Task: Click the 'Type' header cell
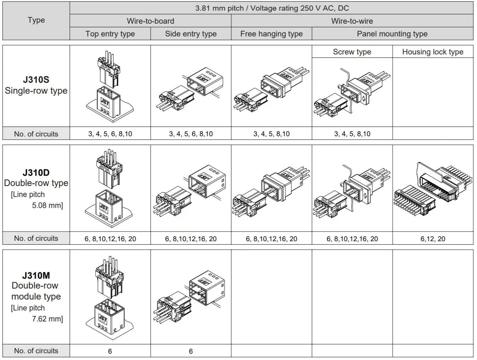click(x=36, y=20)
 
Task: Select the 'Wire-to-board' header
click(x=150, y=21)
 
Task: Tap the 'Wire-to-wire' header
click(x=352, y=21)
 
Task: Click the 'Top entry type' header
click(x=110, y=34)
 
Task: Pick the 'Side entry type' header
click(x=191, y=34)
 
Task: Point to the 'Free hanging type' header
click(x=271, y=34)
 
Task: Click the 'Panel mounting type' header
click(x=392, y=34)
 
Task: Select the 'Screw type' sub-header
click(x=352, y=52)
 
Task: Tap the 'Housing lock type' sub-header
click(x=432, y=52)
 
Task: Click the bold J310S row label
click(x=36, y=80)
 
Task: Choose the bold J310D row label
click(x=36, y=173)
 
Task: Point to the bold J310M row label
click(x=36, y=275)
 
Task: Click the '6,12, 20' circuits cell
click(x=432, y=239)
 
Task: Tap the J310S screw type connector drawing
click(x=352, y=93)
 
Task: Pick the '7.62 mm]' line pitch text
click(x=47, y=319)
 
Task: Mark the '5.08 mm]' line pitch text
click(x=47, y=205)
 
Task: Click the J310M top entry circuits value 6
click(x=110, y=351)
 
